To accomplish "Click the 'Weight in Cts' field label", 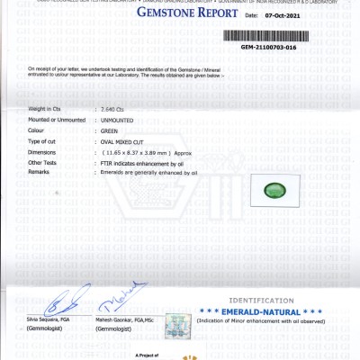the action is coord(44,108).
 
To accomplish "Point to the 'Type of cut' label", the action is coord(43,141).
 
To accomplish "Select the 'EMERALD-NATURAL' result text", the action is coord(271,311).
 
